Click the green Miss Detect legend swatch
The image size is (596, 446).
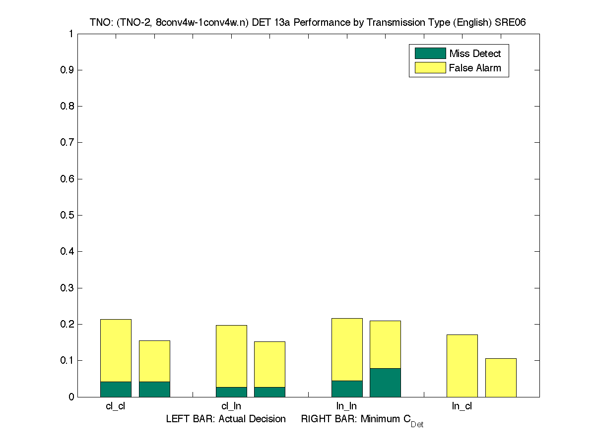click(x=430, y=54)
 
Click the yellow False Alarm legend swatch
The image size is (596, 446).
click(x=430, y=68)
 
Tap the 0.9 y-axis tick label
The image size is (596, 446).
click(x=68, y=70)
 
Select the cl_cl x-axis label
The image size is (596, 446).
click(x=116, y=406)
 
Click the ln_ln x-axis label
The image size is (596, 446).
click(x=346, y=406)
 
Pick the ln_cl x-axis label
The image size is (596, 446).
click(x=462, y=406)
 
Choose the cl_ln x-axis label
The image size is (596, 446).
click(x=231, y=406)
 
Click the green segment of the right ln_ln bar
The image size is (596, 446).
click(x=385, y=383)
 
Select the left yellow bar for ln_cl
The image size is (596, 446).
click(x=462, y=366)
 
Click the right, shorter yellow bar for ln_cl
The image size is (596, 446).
click(x=501, y=378)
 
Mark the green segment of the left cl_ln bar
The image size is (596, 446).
click(x=231, y=392)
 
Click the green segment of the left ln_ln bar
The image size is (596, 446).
click(x=347, y=389)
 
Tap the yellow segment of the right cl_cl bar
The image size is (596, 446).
click(x=154, y=361)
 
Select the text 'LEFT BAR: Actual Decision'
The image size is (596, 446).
click(x=226, y=419)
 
